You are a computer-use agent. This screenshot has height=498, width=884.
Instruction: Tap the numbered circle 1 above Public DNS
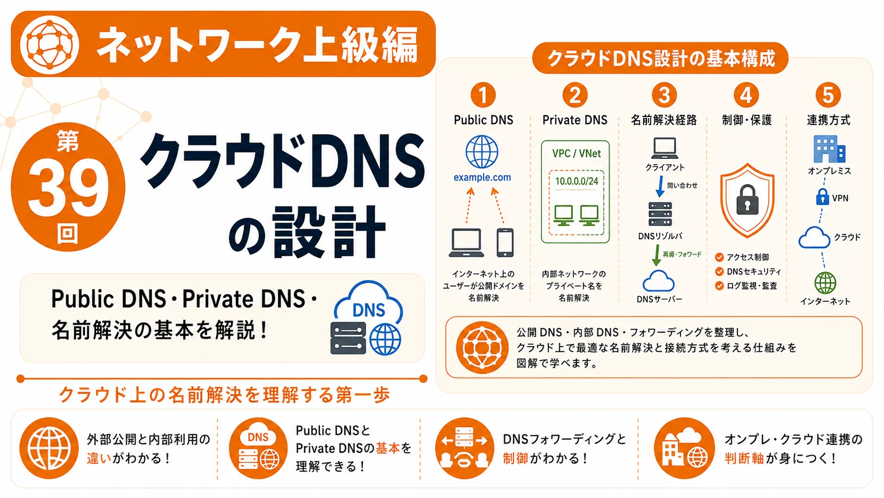click(x=483, y=95)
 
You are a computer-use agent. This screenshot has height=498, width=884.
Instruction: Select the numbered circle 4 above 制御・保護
click(x=746, y=95)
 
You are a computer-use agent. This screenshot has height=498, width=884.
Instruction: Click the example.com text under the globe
click(x=482, y=177)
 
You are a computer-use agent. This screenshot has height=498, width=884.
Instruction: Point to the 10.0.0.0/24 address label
click(x=577, y=182)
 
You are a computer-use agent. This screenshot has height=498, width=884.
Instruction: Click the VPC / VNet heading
click(x=577, y=153)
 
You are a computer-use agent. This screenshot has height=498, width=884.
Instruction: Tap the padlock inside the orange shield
click(x=747, y=200)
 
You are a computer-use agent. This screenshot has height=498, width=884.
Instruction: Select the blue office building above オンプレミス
click(x=829, y=149)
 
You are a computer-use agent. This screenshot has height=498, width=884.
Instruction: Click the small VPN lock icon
click(x=823, y=197)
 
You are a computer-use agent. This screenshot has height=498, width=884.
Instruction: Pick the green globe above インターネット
click(x=825, y=283)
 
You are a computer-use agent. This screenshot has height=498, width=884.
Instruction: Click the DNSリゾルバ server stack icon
click(x=660, y=214)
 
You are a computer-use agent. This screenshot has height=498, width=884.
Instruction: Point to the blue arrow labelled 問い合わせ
click(x=659, y=186)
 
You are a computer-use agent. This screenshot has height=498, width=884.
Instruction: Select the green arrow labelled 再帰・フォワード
click(x=657, y=255)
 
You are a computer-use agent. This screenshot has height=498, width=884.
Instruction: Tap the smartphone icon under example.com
click(x=505, y=242)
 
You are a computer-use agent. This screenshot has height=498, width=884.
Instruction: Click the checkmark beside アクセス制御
click(x=720, y=258)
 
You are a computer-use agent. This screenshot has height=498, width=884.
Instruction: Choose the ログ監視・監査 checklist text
click(x=752, y=286)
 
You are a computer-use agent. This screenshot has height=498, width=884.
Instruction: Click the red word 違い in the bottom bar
click(x=99, y=458)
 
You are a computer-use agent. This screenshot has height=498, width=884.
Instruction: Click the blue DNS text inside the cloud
click(x=369, y=311)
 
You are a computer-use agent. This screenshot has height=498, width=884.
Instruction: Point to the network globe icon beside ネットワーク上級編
click(x=49, y=44)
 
